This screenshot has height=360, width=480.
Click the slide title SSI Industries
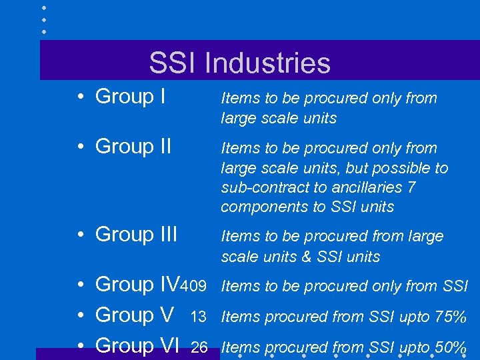click(x=239, y=63)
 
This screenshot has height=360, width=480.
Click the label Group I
click(x=130, y=97)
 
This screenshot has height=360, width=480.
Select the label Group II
click(x=133, y=146)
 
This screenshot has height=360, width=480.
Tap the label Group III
click(x=136, y=235)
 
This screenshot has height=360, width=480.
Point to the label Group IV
click(x=138, y=285)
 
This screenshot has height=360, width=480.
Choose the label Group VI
click(x=138, y=345)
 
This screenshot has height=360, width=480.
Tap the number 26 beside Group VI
click(x=199, y=347)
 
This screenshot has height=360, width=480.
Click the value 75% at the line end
click(x=450, y=317)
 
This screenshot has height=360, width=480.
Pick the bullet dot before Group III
click(x=79, y=235)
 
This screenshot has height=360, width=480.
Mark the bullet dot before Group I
click(x=79, y=97)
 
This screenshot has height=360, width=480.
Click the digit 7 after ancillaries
click(x=411, y=187)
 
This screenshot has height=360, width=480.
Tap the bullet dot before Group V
click(x=79, y=315)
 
